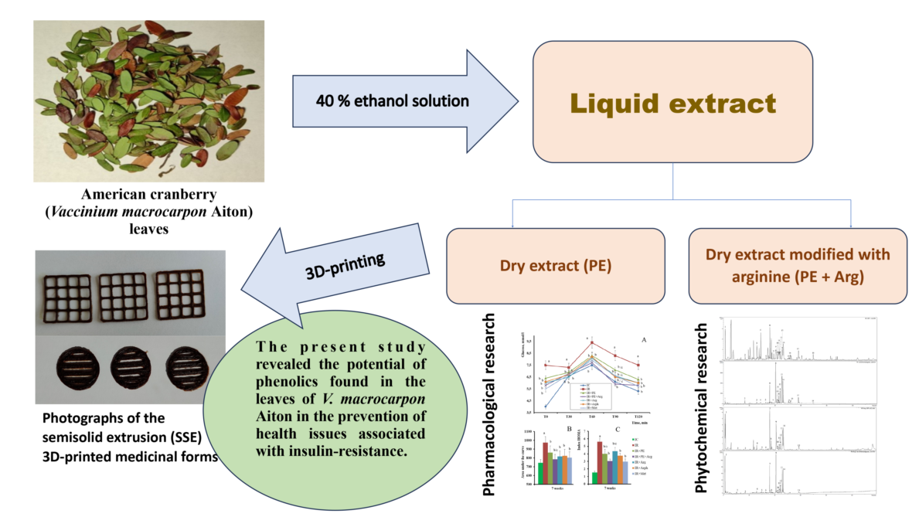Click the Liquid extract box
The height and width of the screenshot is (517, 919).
[672, 102]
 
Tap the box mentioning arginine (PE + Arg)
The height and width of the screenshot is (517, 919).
[797, 264]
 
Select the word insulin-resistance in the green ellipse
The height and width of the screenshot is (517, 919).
[356, 451]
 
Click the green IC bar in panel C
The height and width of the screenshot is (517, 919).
[595, 477]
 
